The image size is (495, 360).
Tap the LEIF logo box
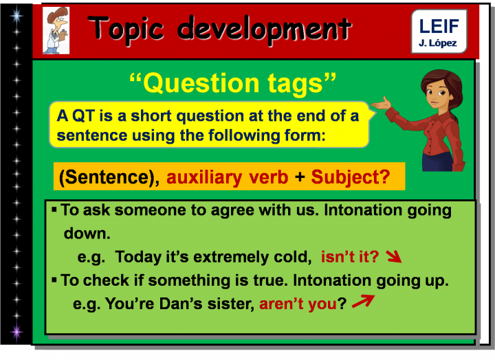(439, 32)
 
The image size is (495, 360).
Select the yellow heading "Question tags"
(233, 83)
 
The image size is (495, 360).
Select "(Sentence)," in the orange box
(110, 178)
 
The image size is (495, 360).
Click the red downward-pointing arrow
(393, 258)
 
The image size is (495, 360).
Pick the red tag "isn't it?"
(350, 258)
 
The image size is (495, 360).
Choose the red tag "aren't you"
(297, 304)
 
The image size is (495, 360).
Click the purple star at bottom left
(16, 333)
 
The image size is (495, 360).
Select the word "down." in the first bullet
(87, 234)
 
